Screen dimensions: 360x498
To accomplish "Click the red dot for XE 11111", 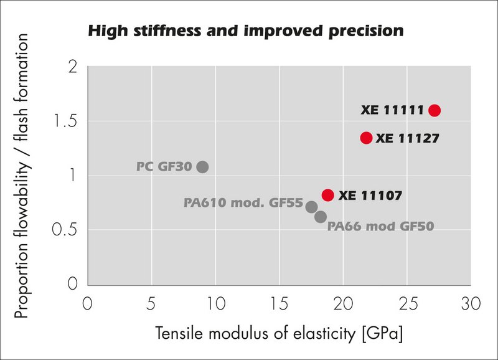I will tap(435, 110).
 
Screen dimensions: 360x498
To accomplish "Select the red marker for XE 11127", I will tap(366, 138).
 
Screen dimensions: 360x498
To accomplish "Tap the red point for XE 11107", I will tap(328, 195).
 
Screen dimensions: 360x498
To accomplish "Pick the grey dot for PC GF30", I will tap(202, 167).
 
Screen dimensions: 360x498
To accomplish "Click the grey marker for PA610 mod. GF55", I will tap(312, 206).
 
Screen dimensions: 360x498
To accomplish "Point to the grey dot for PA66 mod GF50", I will tap(321, 217).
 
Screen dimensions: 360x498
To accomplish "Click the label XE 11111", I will tap(392, 110).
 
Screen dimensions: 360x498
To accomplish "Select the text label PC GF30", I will tap(164, 167).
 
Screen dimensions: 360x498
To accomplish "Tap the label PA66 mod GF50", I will tap(380, 227).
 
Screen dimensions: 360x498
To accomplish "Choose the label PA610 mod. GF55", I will tap(243, 203).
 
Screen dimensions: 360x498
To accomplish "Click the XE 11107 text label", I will tap(370, 196).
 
